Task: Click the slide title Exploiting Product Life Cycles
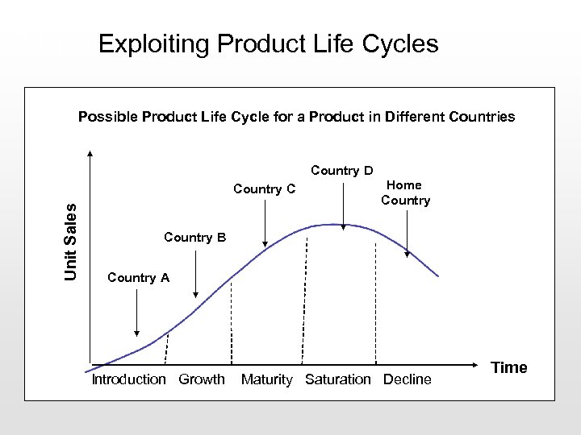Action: (x=268, y=43)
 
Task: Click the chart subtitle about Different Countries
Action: (x=296, y=117)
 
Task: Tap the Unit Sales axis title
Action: (x=71, y=241)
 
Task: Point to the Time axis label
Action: (x=509, y=367)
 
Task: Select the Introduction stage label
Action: (x=128, y=379)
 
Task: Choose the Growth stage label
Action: (x=202, y=379)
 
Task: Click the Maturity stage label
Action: (x=266, y=379)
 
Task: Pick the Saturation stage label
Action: (x=338, y=379)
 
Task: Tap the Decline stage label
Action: (x=408, y=379)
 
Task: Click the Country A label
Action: (x=138, y=278)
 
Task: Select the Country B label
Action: (x=195, y=238)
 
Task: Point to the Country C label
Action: (x=265, y=189)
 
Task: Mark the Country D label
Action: (x=342, y=171)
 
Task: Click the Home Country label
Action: (x=405, y=193)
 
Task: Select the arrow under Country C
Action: (x=265, y=222)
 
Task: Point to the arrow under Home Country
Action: (x=408, y=234)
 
